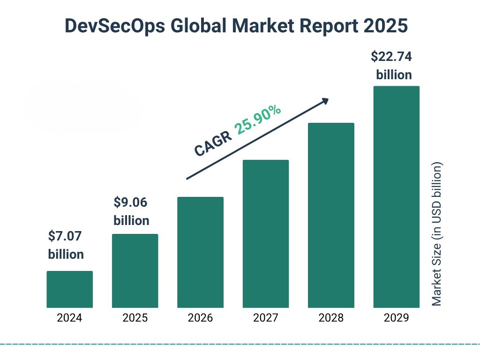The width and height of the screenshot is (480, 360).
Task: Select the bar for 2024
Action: (x=69, y=289)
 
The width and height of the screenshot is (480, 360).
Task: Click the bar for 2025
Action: (x=135, y=271)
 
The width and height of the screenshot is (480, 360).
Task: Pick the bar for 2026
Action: (x=200, y=252)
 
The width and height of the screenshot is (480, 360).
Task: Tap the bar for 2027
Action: (x=265, y=234)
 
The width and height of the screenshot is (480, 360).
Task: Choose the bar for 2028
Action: (x=331, y=215)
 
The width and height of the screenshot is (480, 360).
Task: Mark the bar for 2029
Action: (x=396, y=197)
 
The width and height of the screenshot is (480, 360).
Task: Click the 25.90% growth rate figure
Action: (x=258, y=120)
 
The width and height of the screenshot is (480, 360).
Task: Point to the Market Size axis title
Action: (x=437, y=234)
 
